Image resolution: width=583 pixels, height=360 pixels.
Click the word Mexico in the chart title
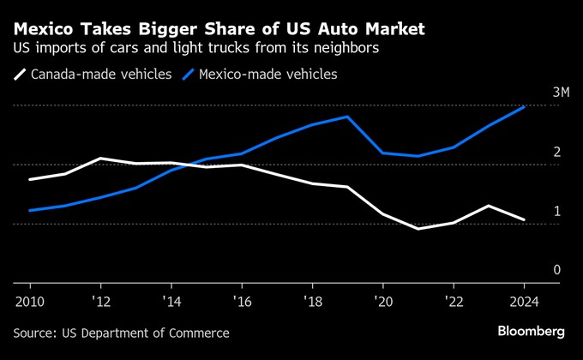43,29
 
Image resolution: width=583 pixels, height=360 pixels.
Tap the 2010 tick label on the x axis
30,301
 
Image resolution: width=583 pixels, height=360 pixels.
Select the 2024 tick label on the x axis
524,301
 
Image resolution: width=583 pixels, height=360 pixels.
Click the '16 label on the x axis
241,301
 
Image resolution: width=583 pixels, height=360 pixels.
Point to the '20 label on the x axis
382,301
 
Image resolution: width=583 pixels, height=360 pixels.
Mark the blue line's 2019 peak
347,117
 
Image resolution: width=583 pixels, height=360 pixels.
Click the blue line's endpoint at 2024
524,106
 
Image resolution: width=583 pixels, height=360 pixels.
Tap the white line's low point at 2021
418,229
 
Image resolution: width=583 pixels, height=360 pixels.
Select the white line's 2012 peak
100,159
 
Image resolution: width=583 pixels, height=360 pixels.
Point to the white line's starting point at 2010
30,179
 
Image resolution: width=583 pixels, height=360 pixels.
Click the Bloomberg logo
531,331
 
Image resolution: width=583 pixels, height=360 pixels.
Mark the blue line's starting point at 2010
30,210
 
